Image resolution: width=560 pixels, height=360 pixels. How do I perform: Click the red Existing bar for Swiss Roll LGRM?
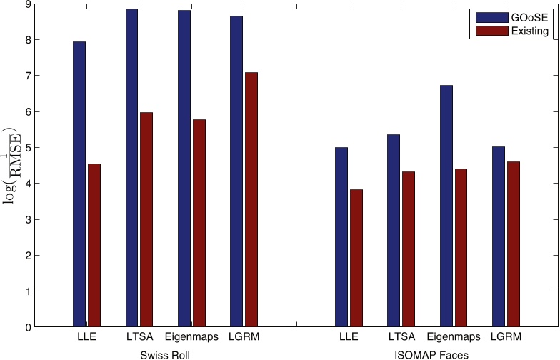click(251, 199)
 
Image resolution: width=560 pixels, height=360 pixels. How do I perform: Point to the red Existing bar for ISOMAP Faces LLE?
click(356, 258)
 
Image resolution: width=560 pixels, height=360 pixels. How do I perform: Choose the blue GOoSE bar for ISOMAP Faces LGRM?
click(499, 236)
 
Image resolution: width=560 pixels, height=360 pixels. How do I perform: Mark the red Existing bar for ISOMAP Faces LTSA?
click(408, 249)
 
